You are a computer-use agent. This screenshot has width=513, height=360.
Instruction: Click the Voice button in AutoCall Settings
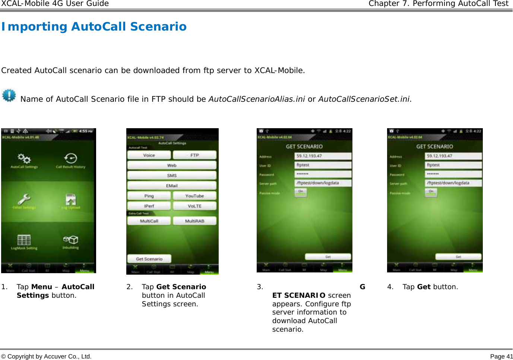pos(149,155)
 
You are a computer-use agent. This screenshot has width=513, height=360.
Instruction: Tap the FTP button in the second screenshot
pos(194,155)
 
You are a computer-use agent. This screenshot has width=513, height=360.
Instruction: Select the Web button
pos(172,165)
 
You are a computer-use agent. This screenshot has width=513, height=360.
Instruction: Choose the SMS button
pos(172,175)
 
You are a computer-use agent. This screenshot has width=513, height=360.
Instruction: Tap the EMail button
pos(172,185)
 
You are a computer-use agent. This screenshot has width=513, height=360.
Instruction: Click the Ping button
pos(149,196)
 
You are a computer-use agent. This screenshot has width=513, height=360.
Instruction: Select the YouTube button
pos(194,196)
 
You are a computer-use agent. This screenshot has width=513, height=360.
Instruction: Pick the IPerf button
pos(149,206)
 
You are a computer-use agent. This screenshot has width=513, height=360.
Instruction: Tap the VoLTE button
pos(194,206)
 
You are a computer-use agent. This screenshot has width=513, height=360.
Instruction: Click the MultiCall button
pos(149,221)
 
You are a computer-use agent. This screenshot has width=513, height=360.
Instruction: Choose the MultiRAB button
pos(194,221)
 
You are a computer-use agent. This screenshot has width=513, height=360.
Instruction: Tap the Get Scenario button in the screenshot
pos(149,259)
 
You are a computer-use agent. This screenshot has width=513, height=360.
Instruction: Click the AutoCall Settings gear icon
pos(24,159)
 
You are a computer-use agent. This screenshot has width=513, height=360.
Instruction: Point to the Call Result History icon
pos(70,159)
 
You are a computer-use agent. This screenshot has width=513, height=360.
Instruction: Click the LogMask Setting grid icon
pos(24,240)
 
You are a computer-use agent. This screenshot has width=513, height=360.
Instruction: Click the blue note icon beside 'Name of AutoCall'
pos(9,95)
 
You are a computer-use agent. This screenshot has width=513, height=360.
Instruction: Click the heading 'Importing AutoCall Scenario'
pos(94,27)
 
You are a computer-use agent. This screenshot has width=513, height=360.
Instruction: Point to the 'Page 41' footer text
pos(501,357)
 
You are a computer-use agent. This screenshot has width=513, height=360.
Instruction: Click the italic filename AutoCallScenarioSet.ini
pos(364,99)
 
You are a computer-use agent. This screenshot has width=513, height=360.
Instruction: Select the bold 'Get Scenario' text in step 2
pos(181,287)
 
